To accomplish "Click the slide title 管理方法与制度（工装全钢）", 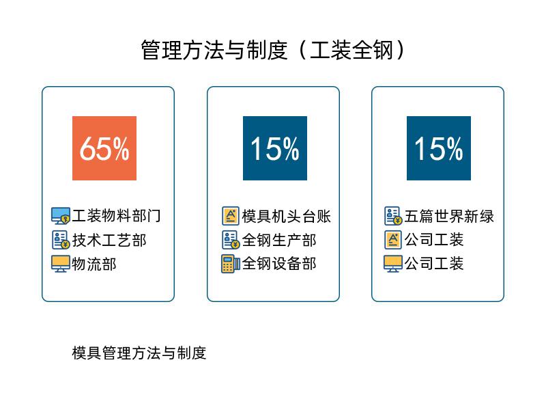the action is coord(273,50).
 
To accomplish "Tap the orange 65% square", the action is coord(104,148).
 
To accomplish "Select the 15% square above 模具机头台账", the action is coord(275,148).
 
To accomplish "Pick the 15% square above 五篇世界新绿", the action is coord(439,148).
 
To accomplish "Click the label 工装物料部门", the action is coord(116,216).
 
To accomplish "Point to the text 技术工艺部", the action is coord(109,241).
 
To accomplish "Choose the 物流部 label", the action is coord(94,264).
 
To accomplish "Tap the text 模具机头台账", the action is coord(286,216).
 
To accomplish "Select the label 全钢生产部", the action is coord(279,241).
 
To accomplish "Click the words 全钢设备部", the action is coord(279,264).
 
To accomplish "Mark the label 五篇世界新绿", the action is coord(449,216).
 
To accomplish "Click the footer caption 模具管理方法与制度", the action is coord(139,353).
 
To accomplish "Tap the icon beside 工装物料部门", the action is coord(61,216).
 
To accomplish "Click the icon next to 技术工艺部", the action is coord(61,240).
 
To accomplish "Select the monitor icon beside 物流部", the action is coord(61,264).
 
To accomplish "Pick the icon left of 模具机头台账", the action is coord(231,216).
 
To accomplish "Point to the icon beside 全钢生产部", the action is coord(231,240).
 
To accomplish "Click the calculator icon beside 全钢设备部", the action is coord(231,264).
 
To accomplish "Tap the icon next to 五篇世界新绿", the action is coord(394,216).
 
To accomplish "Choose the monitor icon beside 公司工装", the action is coord(393,264).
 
